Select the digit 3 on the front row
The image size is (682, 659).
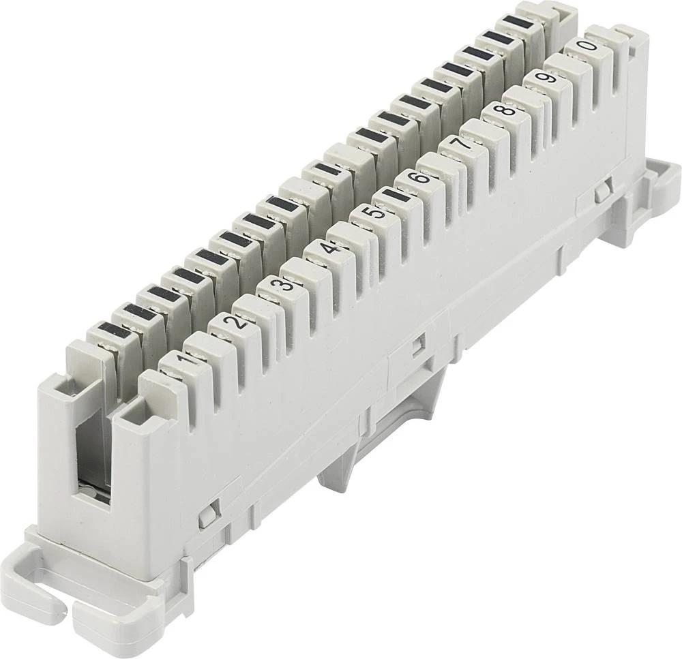click(x=286, y=284)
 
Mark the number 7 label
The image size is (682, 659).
click(x=464, y=144)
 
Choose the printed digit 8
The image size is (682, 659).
click(x=507, y=110)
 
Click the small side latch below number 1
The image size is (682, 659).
click(x=206, y=515)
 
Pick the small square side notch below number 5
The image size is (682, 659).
click(x=416, y=345)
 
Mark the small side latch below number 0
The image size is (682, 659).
click(x=602, y=194)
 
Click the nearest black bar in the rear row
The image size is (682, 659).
click(x=109, y=332)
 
